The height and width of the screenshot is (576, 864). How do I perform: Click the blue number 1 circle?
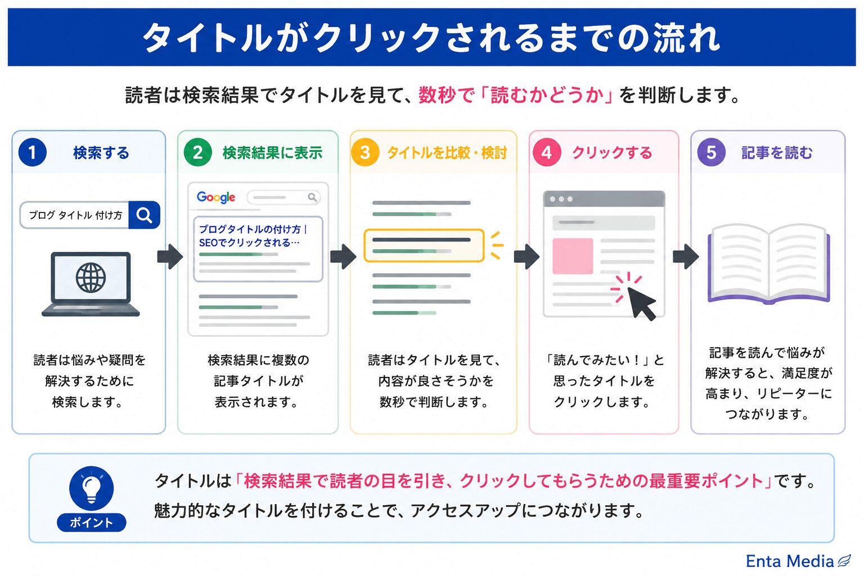pos(33,152)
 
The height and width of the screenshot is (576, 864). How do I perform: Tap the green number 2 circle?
pos(198,152)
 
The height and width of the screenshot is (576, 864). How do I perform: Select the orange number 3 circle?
pos(365,152)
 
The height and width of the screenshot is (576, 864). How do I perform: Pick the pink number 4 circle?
pos(547,152)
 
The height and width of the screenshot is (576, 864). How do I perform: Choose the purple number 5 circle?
pos(711,152)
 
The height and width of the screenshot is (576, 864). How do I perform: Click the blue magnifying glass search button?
pos(144,215)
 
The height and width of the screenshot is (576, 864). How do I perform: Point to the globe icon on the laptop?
pos(91,277)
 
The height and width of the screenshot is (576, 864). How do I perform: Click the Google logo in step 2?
pos(216,197)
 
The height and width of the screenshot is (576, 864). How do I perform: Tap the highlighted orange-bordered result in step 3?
pos(424,245)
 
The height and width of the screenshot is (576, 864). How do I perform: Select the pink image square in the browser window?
pos(573,256)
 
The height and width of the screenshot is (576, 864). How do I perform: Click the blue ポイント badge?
pos(92,523)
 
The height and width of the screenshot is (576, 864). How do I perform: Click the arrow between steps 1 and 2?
pos(170,256)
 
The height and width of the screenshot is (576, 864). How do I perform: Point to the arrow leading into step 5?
pos(686,256)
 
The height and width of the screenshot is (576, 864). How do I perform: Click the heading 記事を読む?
pos(777,153)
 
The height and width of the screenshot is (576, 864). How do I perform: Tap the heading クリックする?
pos(612,153)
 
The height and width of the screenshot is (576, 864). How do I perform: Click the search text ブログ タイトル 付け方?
pos(75,215)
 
